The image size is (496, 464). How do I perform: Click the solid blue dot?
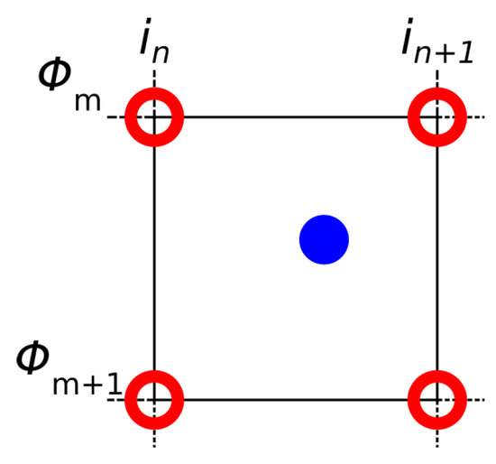(324, 239)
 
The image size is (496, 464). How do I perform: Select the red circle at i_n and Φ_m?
(154, 117)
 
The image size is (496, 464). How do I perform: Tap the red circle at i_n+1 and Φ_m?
(437, 117)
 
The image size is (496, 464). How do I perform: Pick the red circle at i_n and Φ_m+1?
(154, 398)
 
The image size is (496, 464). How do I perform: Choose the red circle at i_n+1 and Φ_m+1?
(437, 398)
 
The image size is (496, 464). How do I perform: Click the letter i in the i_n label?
(145, 43)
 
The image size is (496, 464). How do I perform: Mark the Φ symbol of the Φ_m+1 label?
(37, 357)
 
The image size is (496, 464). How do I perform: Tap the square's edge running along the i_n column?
(154, 257)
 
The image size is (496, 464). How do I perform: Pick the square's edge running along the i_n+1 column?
(437, 257)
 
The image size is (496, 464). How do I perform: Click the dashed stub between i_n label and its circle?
(154, 79)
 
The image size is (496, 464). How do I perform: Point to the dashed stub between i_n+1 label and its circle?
(437, 79)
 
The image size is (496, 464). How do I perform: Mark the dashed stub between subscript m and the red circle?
(115, 117)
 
